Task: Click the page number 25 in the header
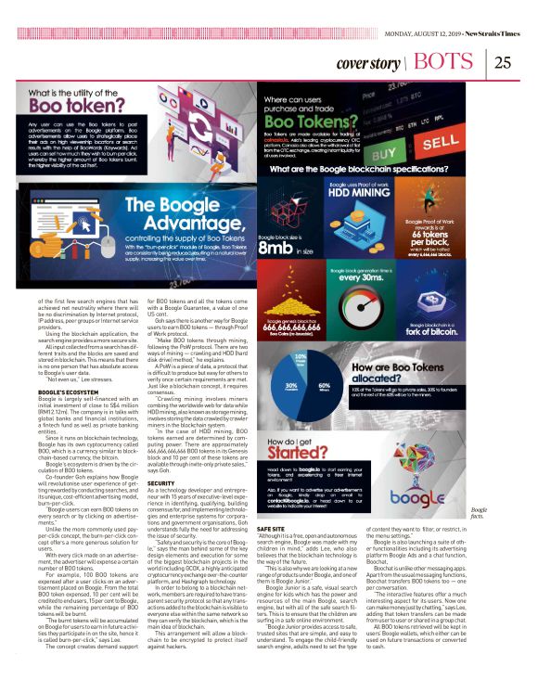click(x=505, y=62)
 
